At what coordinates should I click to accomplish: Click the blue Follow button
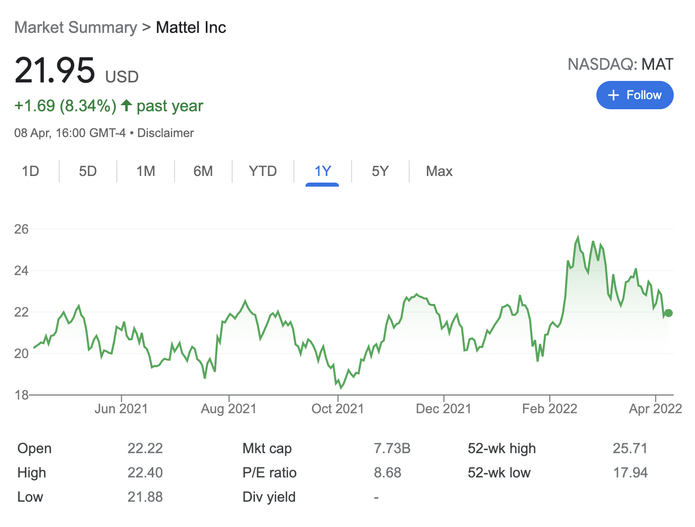tap(634, 95)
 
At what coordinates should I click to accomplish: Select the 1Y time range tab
tap(322, 171)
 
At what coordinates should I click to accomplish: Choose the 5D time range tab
tap(88, 171)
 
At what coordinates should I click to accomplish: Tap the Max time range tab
tap(439, 171)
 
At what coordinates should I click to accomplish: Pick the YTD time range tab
tap(263, 171)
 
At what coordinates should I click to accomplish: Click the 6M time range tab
tap(203, 171)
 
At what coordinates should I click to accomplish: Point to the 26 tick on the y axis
tap(21, 229)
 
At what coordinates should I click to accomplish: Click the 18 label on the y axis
tap(21, 395)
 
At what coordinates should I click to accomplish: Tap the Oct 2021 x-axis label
tap(337, 409)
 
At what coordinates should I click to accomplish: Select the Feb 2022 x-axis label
tap(549, 409)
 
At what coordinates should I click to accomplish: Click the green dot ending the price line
tap(669, 313)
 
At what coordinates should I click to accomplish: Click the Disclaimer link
tap(165, 133)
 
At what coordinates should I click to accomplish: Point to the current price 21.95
tap(55, 70)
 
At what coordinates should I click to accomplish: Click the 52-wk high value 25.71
tap(630, 449)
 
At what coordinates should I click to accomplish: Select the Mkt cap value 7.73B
tap(392, 449)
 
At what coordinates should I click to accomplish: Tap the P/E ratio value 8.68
tap(387, 473)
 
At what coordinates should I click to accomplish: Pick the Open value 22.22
tap(145, 449)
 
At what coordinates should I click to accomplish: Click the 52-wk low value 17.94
tap(630, 473)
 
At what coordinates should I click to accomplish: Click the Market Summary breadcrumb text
tap(75, 27)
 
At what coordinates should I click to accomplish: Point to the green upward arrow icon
tap(126, 106)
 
